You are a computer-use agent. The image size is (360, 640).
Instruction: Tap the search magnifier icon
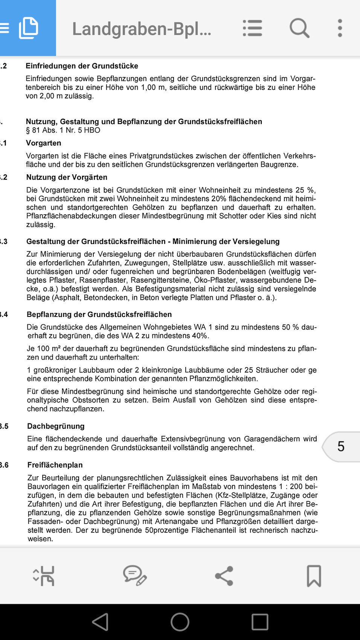coord(299,28)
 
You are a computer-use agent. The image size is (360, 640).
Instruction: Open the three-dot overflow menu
coord(340,28)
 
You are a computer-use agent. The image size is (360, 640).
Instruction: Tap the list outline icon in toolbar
coord(252,28)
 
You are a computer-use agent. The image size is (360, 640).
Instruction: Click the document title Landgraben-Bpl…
coord(142,29)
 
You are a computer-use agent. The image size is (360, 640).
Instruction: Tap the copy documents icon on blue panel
coord(29,28)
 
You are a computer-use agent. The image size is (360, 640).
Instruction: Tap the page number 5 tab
coord(341,446)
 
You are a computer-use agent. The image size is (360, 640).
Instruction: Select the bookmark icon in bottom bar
coord(314,576)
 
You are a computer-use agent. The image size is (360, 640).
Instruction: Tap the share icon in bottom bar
coord(224,576)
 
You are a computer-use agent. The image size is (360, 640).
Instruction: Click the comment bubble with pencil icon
coord(134,576)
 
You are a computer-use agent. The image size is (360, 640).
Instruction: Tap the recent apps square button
coord(260,622)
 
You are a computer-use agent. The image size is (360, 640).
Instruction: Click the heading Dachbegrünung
coord(56,426)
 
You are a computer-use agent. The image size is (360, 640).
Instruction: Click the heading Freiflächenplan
coord(55,465)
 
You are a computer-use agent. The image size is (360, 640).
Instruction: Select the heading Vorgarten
coord(43,143)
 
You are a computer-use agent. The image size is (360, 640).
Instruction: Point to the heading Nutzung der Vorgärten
coord(67,177)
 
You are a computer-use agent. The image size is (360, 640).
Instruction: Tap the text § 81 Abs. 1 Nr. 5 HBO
coord(63,130)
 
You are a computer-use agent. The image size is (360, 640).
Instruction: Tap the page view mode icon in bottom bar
coord(44,576)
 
